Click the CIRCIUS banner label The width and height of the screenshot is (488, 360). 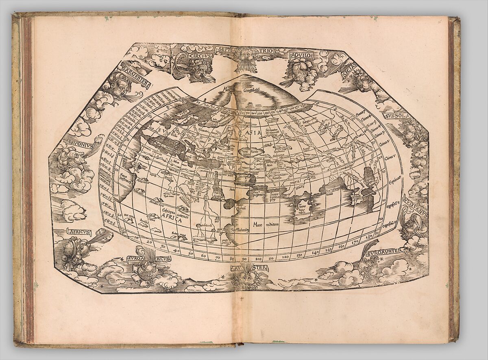(x=198, y=57)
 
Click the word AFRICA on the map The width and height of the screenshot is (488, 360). (x=171, y=218)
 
